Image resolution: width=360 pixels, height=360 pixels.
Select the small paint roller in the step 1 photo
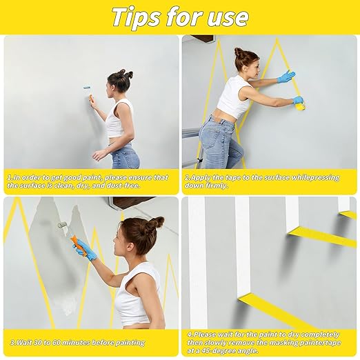pyautogui.click(x=89, y=90)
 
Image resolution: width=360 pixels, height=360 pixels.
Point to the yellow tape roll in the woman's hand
pyautogui.click(x=300, y=104)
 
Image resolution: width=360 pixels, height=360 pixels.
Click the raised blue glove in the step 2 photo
pyautogui.click(x=286, y=76)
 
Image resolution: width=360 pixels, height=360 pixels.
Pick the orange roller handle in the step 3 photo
pyautogui.click(x=73, y=241)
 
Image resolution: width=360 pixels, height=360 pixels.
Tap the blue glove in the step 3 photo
pyautogui.click(x=86, y=249)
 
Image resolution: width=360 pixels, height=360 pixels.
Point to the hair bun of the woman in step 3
pyautogui.click(x=157, y=223)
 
